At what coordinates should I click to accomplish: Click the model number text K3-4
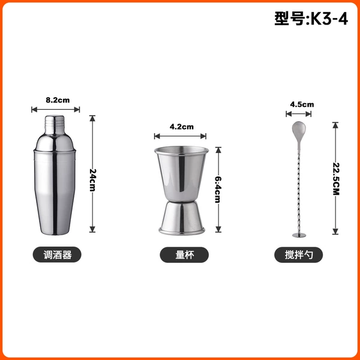tap(329, 19)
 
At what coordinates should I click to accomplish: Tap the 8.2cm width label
tap(58, 100)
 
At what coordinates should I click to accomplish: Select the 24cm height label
tap(93, 180)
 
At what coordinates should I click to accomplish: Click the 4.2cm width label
tap(182, 127)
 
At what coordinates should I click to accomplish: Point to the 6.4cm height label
tap(218, 190)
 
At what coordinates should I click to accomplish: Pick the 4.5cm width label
tap(302, 104)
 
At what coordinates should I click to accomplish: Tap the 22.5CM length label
tap(336, 179)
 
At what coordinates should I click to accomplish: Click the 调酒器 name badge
tap(57, 254)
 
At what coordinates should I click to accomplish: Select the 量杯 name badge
tap(184, 255)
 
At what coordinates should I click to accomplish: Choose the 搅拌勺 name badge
tap(298, 255)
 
